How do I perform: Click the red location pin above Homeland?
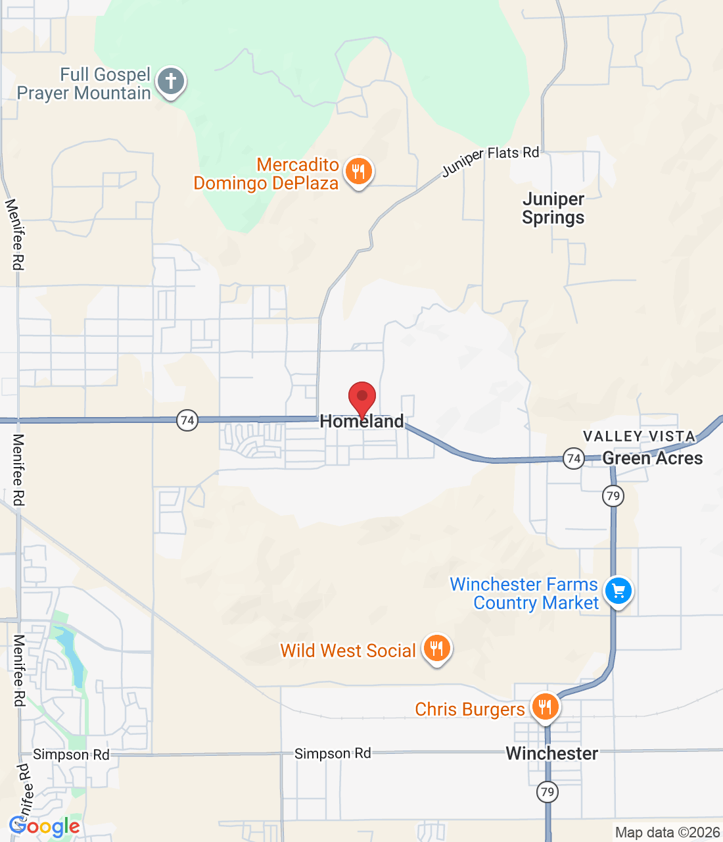click(x=361, y=397)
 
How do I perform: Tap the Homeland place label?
click(x=361, y=422)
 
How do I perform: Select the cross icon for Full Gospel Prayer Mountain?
click(x=171, y=82)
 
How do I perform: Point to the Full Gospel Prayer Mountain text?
click(x=84, y=84)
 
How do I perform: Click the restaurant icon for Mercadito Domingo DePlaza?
click(x=358, y=172)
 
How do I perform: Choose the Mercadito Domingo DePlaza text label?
click(x=266, y=174)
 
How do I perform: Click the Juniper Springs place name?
click(x=553, y=208)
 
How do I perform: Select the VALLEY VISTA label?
click(x=639, y=436)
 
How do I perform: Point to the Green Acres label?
click(x=652, y=458)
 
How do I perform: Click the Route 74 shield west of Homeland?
click(x=187, y=420)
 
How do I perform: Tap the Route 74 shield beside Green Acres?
click(x=574, y=458)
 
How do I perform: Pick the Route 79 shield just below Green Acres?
click(x=613, y=495)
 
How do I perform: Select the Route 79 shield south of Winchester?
click(x=548, y=791)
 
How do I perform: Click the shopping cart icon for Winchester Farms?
click(x=618, y=590)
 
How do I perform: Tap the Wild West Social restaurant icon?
click(x=436, y=648)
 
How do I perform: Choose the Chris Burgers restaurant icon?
click(x=545, y=707)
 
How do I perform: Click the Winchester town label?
click(x=552, y=754)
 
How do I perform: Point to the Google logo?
click(x=45, y=826)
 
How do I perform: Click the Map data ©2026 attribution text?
click(x=667, y=833)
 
